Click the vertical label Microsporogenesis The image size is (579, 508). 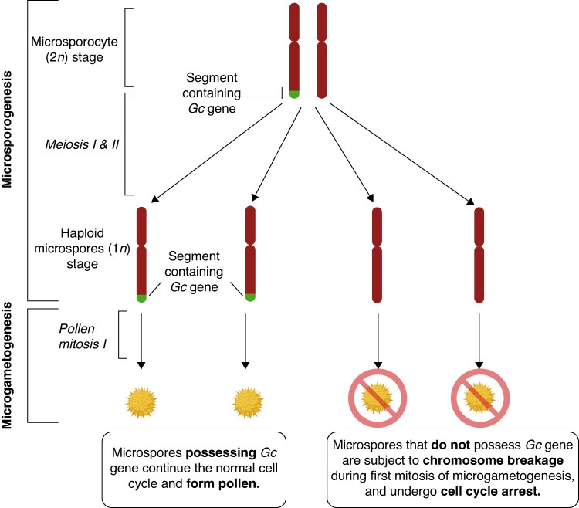[7, 129]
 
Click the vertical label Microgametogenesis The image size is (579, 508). [7, 365]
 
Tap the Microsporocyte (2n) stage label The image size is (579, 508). [74, 49]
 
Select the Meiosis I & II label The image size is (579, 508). [82, 144]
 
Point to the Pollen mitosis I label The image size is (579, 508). [83, 337]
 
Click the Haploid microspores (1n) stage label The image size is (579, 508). [82, 249]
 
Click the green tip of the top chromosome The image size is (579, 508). [294, 94]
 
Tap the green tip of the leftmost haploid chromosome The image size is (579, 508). [141, 298]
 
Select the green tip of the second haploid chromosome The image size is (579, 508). [250, 296]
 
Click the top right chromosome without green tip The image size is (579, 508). [322, 51]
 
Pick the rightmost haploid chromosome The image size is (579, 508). [479, 255]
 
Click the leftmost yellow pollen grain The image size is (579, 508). [141, 402]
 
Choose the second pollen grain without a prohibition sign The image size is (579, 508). [248, 402]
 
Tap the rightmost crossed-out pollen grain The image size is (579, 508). [480, 398]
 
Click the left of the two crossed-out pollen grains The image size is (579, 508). [378, 398]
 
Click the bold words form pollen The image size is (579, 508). [223, 483]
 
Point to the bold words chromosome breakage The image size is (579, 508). [493, 460]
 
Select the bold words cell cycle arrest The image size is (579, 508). [490, 491]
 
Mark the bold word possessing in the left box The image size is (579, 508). [221, 452]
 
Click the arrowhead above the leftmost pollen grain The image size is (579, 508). [141, 365]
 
